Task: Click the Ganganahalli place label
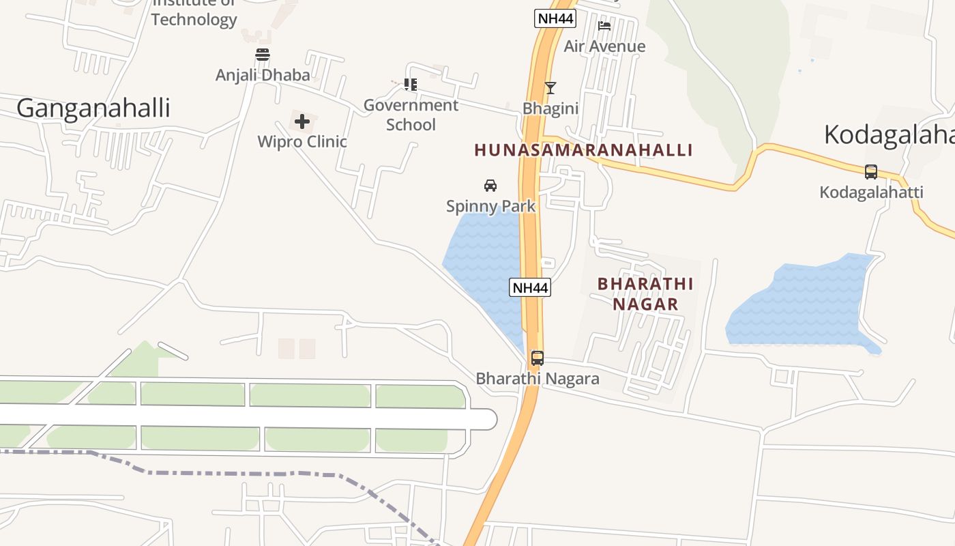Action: tap(93, 109)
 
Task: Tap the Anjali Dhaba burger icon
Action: tap(263, 55)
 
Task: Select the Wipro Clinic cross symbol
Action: tap(302, 122)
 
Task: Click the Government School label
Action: tap(411, 115)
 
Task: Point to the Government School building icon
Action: tap(411, 85)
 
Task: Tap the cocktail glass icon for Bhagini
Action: tap(550, 88)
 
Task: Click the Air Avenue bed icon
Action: tap(604, 27)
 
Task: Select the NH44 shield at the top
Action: tap(555, 18)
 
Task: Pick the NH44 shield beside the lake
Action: tap(530, 287)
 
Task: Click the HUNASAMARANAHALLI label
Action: tap(583, 150)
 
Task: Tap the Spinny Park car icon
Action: tap(490, 185)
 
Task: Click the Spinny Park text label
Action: tap(490, 205)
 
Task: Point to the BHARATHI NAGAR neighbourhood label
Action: tap(645, 293)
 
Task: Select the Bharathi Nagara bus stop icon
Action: tap(538, 358)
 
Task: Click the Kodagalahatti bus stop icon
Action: tap(871, 172)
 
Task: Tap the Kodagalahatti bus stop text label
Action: tap(871, 192)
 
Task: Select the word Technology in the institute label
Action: tap(194, 19)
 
